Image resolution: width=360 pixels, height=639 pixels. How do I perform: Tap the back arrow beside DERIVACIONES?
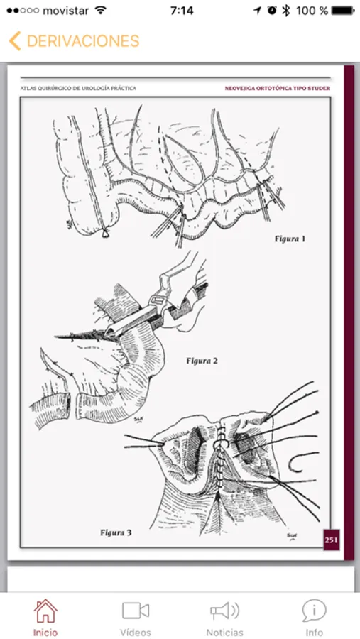tap(14, 41)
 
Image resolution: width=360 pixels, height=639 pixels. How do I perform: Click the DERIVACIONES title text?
tap(83, 41)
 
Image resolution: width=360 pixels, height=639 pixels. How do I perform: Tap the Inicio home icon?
tap(45, 611)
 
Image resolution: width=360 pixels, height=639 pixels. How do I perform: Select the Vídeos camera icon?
tap(136, 611)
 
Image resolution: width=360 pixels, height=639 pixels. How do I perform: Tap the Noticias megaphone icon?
tap(224, 611)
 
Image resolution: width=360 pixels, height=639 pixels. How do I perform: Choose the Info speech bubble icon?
tap(314, 611)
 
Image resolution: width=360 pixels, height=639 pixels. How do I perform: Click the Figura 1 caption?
tap(290, 239)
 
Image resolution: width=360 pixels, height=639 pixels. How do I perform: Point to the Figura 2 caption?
tap(202, 361)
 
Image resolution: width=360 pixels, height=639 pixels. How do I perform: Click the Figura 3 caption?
tap(116, 532)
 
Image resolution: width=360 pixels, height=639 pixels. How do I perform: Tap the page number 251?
tap(331, 540)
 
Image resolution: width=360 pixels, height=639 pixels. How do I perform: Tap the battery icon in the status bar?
tap(343, 11)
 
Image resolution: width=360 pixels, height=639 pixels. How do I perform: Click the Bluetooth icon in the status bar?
tap(286, 11)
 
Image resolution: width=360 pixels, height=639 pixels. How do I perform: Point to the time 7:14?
tap(182, 11)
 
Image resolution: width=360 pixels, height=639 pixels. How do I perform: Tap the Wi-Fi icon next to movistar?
tap(100, 11)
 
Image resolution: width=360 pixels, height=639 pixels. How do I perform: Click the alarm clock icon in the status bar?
tap(272, 11)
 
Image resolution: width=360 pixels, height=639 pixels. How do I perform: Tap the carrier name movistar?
tap(65, 11)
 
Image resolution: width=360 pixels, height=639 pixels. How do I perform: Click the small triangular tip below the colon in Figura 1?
tap(106, 233)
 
